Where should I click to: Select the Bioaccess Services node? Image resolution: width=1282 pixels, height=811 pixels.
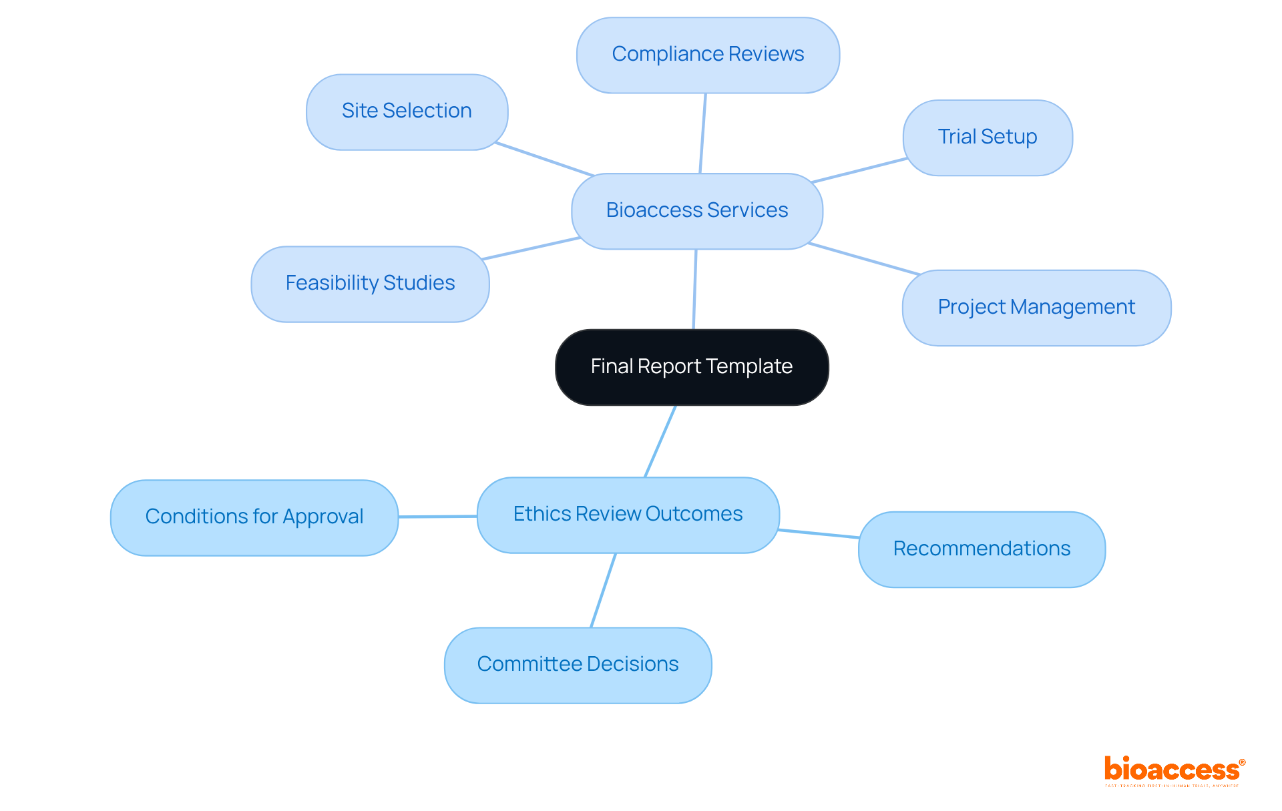point(697,211)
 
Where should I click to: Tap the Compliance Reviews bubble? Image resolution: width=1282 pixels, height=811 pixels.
point(708,55)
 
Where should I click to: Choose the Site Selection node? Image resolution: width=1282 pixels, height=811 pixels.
point(407,111)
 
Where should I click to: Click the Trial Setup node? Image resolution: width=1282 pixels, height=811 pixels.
point(988,138)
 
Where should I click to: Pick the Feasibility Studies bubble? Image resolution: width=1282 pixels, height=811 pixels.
point(370,284)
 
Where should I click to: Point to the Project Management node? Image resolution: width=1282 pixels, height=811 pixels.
point(1036,308)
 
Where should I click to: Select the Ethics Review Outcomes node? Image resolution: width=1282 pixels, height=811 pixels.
point(628,515)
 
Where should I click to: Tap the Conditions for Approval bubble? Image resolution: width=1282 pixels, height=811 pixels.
point(254,517)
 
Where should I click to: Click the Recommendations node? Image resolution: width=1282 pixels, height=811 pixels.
point(982,549)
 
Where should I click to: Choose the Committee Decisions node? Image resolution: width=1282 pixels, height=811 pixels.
point(578,665)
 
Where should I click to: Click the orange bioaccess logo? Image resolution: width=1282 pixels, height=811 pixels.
point(1173,770)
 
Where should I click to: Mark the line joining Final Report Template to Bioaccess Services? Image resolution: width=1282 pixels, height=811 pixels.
point(695,289)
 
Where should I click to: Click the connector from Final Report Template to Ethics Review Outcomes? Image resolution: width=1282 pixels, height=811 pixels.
point(660,441)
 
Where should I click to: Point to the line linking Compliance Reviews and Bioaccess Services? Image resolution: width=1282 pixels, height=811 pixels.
point(703,133)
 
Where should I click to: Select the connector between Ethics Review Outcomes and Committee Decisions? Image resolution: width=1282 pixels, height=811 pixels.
point(603,590)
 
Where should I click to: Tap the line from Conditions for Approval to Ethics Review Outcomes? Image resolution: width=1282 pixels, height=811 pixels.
point(437,516)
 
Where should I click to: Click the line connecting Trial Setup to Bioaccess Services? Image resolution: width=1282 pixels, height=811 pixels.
point(859,170)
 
